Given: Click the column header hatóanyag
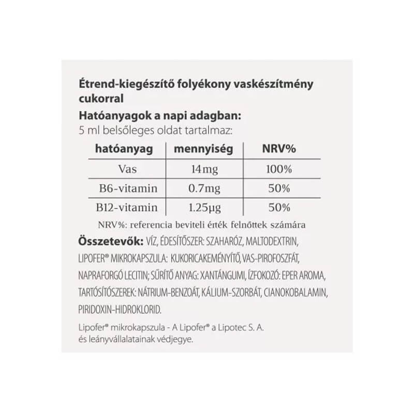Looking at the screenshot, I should [x=125, y=150].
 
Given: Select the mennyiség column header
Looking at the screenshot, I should [x=203, y=150].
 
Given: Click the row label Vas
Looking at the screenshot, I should [x=125, y=169].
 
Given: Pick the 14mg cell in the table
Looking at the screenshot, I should [x=203, y=169].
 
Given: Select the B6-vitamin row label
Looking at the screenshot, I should [x=125, y=188].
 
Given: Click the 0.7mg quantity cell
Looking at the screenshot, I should [x=203, y=188].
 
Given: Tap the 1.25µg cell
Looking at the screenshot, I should [x=203, y=208].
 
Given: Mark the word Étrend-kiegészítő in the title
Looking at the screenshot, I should [x=112, y=84].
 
